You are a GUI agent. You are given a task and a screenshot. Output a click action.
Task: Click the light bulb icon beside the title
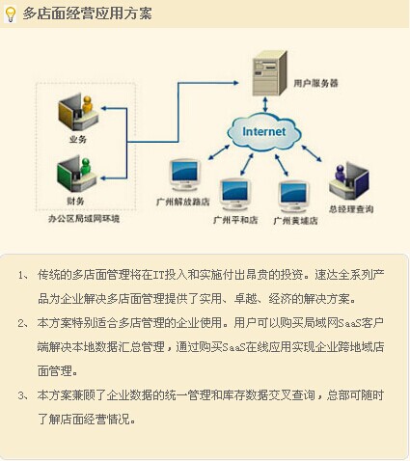coord(11,14)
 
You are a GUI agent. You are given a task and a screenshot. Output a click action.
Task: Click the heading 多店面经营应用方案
coord(87,14)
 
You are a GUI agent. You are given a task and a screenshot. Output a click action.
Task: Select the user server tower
coord(269,73)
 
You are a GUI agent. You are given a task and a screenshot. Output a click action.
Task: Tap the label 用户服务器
coord(315,83)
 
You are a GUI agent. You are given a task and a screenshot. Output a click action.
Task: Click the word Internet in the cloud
coord(263,131)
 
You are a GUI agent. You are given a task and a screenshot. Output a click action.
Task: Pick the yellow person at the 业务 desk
coord(87,104)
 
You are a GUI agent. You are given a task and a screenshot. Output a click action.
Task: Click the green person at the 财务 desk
coord(86,167)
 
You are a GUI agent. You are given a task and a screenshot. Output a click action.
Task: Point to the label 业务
coord(78,139)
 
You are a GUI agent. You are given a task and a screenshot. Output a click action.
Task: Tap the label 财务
coord(76,201)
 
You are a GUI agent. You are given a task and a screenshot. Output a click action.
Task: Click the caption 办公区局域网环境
coord(84,219)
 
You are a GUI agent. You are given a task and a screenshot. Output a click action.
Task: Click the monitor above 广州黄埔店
coord(294,196)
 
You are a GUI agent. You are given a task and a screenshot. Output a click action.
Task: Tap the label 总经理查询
coord(351,209)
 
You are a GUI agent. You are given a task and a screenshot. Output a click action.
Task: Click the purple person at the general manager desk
coord(340,173)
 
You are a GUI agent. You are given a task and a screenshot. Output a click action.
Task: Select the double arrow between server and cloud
coord(265,104)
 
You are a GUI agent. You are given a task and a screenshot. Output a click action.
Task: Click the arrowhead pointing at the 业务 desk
coord(103,108)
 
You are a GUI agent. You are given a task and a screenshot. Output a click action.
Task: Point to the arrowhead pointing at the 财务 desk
coord(103,178)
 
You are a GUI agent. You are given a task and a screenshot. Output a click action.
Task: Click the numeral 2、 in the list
coord(23,323)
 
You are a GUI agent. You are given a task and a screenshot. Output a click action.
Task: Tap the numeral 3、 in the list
coord(23,395)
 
